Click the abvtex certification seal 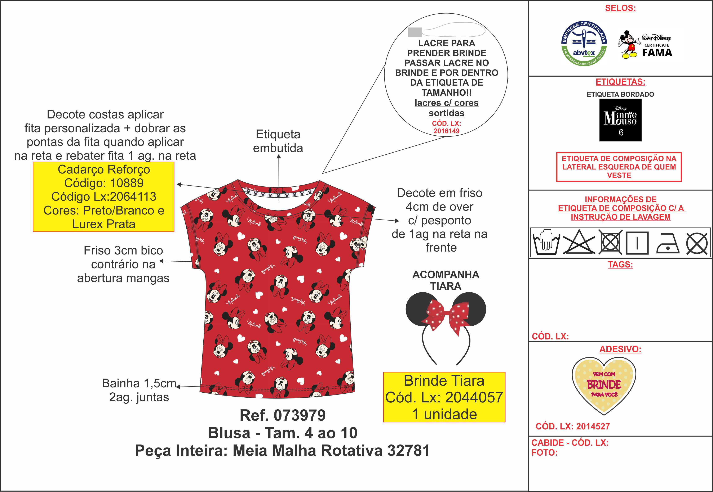(x=584, y=44)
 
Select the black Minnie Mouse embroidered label (x=620, y=120)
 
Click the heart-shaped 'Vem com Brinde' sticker (x=604, y=385)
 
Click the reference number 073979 (x=300, y=415)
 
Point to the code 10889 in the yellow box (x=127, y=183)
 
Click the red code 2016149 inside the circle (x=446, y=131)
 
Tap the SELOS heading (x=620, y=8)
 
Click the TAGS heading (x=620, y=265)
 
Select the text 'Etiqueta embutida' (x=278, y=141)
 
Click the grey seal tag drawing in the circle (x=415, y=32)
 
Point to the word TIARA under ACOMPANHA (x=446, y=286)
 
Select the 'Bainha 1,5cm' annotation (x=139, y=383)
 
